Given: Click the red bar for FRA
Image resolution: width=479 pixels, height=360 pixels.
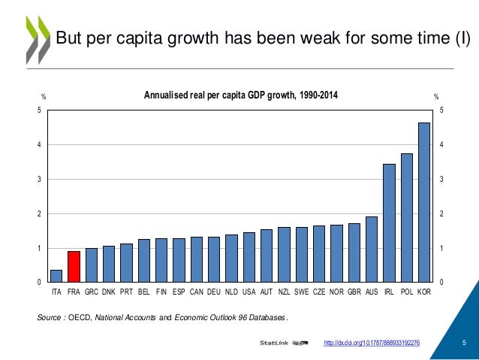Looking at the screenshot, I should pyautogui.click(x=74, y=267).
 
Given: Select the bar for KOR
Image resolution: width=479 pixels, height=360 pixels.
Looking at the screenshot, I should pyautogui.click(x=424, y=202).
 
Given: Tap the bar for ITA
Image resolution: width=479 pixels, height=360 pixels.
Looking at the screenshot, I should pyautogui.click(x=56, y=276).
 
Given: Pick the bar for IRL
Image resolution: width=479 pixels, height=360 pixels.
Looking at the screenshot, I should pyautogui.click(x=389, y=222).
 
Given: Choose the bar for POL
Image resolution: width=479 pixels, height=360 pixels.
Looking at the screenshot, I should pyautogui.click(x=407, y=217).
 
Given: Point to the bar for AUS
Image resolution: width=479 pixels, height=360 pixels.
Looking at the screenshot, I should pyautogui.click(x=372, y=249).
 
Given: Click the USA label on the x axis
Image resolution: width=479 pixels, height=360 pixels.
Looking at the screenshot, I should pyautogui.click(x=249, y=290).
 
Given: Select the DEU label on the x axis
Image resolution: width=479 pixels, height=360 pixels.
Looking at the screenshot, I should pyautogui.click(x=213, y=290).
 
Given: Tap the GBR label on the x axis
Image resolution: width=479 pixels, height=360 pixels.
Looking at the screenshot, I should pyautogui.click(x=354, y=290).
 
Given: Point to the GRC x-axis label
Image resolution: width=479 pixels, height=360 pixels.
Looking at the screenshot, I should pyautogui.click(x=92, y=290).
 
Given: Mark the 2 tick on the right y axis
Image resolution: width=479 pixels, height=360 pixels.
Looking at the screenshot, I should pyautogui.click(x=442, y=214).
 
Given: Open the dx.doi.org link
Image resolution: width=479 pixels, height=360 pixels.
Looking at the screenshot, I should pyautogui.click(x=370, y=343).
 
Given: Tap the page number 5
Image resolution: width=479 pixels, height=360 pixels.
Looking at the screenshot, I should pyautogui.click(x=465, y=343).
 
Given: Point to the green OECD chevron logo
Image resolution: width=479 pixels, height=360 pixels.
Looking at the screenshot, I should pyautogui.click(x=37, y=38).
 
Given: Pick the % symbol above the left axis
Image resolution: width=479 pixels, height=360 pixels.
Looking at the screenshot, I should pyautogui.click(x=44, y=96).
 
